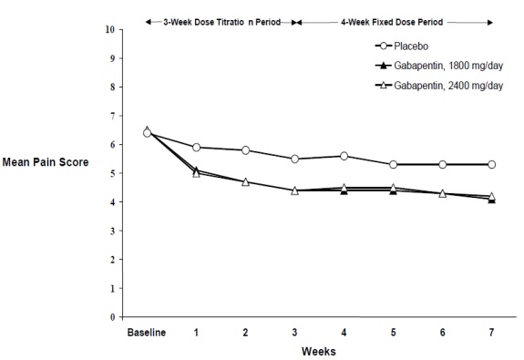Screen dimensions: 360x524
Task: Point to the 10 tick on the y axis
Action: pos(110,29)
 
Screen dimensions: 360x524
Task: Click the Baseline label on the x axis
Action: pos(147,332)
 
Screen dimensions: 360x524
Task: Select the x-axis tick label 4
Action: pos(344,332)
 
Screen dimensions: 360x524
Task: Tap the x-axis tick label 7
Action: pos(491,332)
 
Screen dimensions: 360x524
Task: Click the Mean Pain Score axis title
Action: pos(43,173)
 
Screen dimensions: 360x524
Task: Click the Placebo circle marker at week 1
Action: pos(196,147)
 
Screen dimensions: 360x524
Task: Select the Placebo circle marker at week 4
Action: pos(344,156)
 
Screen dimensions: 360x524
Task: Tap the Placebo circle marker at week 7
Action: pos(491,164)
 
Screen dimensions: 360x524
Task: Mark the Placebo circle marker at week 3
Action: pos(294,159)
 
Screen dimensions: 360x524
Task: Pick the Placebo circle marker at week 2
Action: pos(245,150)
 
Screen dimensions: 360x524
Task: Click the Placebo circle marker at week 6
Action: pos(442,164)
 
